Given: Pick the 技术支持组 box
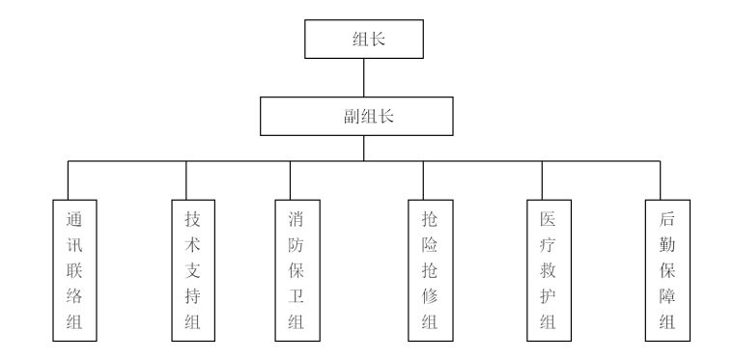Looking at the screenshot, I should click(x=186, y=269).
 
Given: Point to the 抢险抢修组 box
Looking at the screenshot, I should click(x=423, y=269).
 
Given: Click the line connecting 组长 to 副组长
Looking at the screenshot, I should click(x=363, y=77).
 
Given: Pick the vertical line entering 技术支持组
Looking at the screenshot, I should click(x=186, y=180).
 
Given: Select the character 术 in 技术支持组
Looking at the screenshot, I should click(x=186, y=244).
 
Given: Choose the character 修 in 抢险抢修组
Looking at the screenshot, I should click(x=423, y=295).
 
